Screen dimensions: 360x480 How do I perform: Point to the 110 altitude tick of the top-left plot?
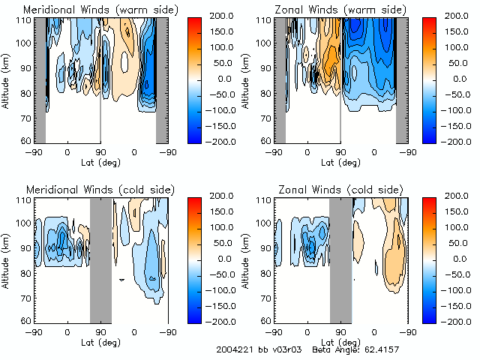click(25, 20)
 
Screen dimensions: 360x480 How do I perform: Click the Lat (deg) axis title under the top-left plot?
click(100, 161)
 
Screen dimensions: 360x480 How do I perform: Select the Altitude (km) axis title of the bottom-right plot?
click(247, 259)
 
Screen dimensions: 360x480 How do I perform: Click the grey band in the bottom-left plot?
click(100, 259)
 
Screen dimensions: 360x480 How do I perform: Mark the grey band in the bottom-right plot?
click(340, 259)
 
